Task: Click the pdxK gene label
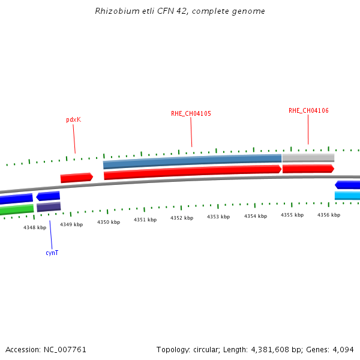(x=73, y=119)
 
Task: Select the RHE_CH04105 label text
(x=191, y=113)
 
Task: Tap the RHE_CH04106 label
(x=308, y=110)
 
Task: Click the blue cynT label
(x=52, y=253)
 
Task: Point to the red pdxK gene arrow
(x=76, y=178)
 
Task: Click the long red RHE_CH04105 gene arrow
(x=192, y=173)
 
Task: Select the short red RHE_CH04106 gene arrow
(x=308, y=169)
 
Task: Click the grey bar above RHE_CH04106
(x=308, y=158)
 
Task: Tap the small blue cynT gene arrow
(x=48, y=196)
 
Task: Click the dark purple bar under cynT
(x=49, y=207)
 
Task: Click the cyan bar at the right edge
(x=347, y=196)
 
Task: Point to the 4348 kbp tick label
(x=35, y=227)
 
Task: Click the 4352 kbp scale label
(x=182, y=218)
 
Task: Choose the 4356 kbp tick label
(x=329, y=214)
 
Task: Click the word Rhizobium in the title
(x=114, y=11)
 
